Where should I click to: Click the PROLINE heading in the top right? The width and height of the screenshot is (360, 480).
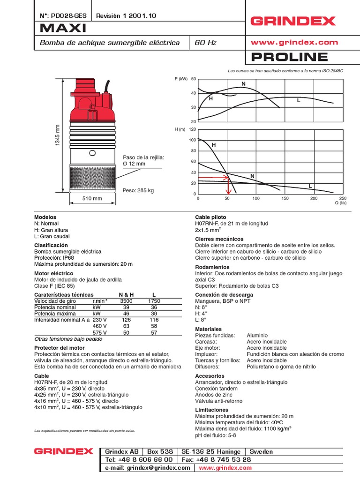click(290, 57)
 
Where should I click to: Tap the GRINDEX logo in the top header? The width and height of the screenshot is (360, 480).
click(293, 21)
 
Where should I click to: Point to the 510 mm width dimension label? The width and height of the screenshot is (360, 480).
click(92, 199)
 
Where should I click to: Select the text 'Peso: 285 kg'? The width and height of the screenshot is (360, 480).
click(138, 191)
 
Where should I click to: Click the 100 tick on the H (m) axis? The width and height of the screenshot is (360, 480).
click(192, 140)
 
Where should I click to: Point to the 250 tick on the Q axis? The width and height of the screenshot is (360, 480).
click(343, 198)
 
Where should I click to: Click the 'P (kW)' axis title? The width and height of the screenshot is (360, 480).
click(180, 79)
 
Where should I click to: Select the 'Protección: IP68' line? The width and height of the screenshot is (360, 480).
click(54, 258)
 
